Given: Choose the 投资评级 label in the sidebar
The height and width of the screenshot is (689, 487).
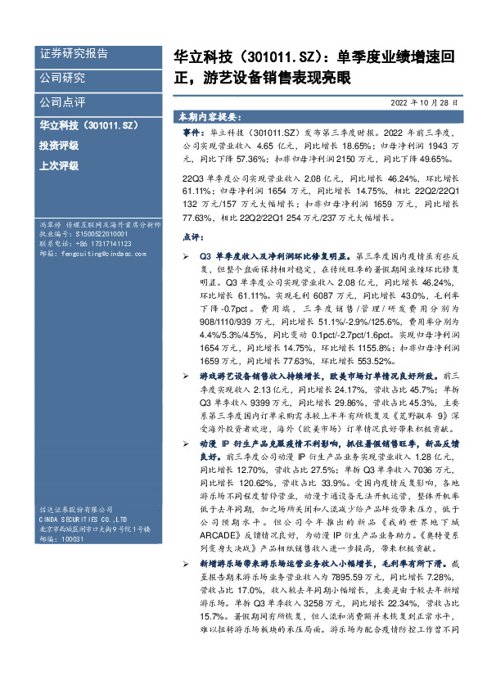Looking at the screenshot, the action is pyautogui.click(x=59, y=146).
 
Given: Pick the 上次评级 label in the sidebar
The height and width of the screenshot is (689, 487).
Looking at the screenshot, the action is pyautogui.click(x=59, y=165).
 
